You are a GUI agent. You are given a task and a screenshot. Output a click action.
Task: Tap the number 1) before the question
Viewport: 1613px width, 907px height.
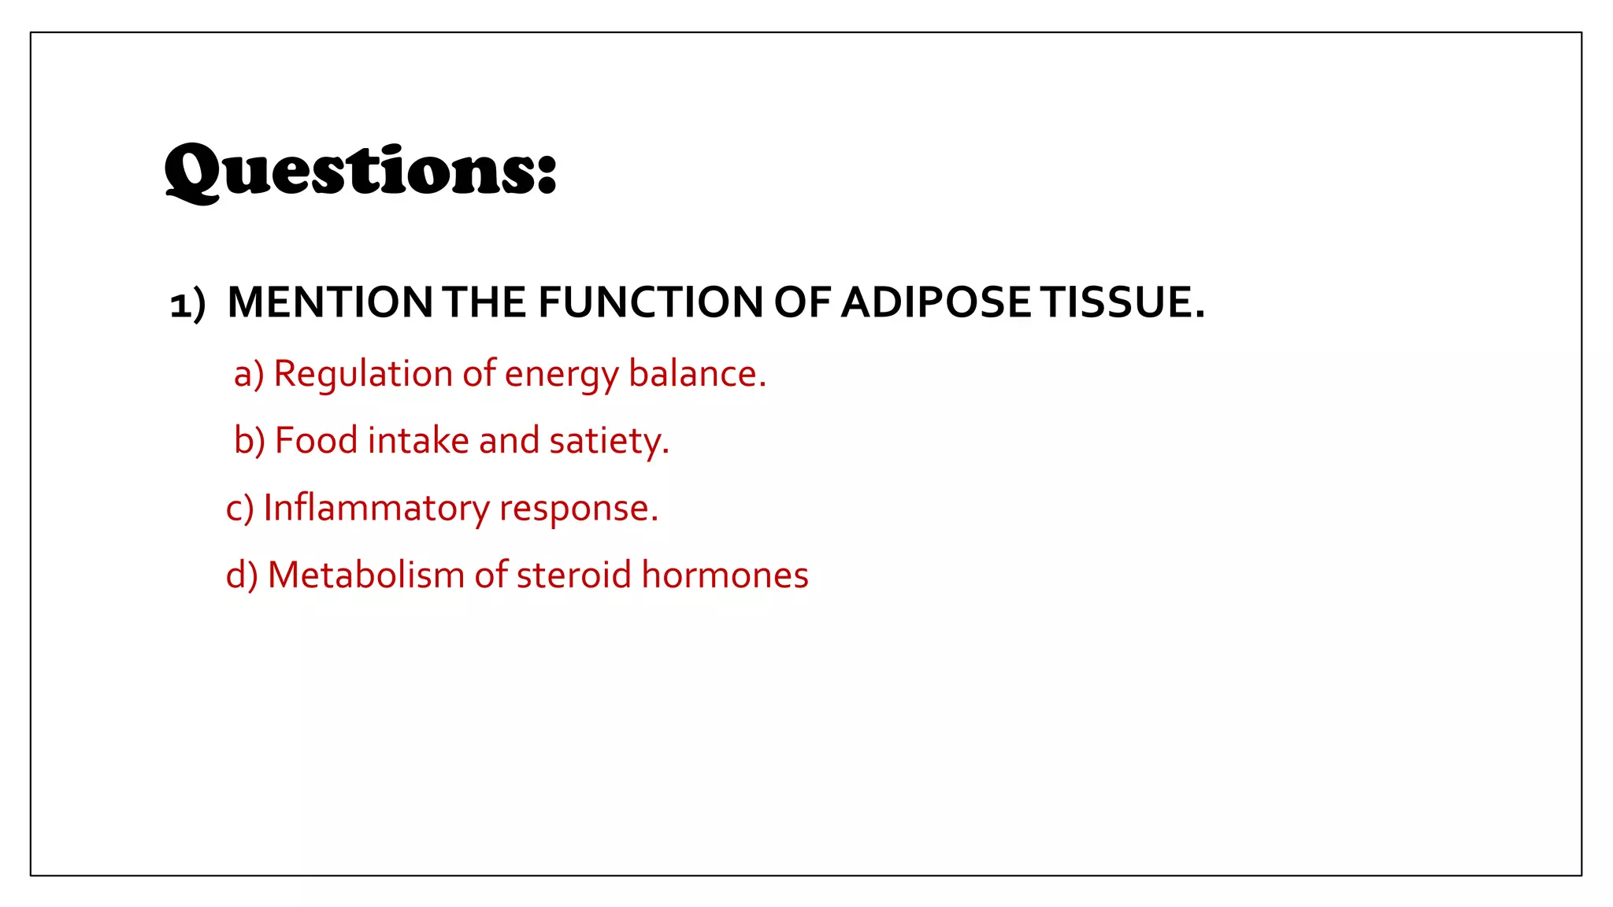coord(187,304)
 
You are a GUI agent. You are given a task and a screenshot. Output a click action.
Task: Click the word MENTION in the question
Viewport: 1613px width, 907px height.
coord(329,302)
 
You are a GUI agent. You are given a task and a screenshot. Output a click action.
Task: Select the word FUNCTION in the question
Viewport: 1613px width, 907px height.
coord(650,302)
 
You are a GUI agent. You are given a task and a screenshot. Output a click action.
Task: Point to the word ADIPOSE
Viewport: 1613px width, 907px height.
coord(936,302)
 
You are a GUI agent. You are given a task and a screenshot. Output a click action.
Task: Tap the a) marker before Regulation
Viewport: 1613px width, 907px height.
coord(248,374)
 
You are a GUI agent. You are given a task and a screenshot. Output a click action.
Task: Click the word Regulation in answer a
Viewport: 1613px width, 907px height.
coord(362,374)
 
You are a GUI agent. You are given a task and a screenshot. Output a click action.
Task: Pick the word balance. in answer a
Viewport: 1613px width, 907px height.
coord(697,374)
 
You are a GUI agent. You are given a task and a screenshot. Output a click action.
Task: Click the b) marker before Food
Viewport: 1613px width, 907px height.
coord(249,440)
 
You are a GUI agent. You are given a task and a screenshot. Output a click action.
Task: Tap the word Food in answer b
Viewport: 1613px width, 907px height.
coord(316,440)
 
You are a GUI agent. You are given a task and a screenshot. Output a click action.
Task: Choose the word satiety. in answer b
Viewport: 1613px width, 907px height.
coord(609,442)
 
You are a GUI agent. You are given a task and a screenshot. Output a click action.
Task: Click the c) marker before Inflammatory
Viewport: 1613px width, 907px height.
coord(239,509)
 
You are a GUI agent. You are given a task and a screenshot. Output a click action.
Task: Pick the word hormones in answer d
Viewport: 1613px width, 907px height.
coord(725,576)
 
